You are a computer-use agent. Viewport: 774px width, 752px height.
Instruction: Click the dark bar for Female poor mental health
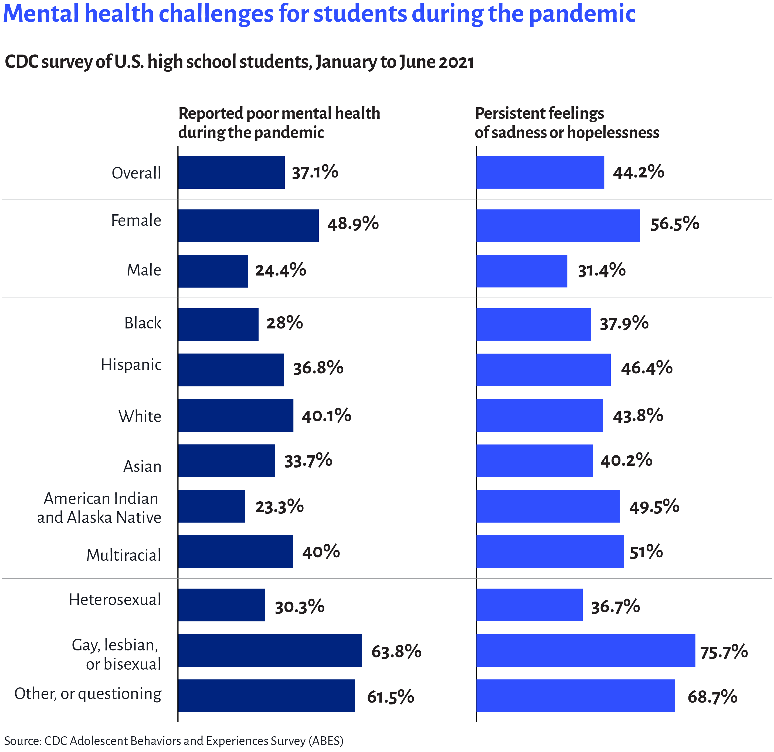(x=248, y=226)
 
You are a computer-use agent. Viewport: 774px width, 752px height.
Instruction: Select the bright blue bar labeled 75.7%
(x=585, y=650)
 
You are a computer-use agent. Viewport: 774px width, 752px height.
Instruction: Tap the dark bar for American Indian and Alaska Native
(x=211, y=506)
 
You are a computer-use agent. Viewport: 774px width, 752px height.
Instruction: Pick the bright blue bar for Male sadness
(x=522, y=271)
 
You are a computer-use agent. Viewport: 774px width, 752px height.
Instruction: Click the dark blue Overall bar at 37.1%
(x=231, y=172)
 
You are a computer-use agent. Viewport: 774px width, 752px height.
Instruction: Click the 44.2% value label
(x=638, y=172)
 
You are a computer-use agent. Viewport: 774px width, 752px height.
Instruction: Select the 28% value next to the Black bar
(x=284, y=323)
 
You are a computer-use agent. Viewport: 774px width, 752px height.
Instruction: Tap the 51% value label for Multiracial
(x=646, y=552)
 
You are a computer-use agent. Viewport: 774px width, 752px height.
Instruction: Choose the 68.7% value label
(x=712, y=696)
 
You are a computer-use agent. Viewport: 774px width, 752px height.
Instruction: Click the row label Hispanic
(x=131, y=365)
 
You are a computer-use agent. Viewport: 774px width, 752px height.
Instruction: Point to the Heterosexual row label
(x=115, y=599)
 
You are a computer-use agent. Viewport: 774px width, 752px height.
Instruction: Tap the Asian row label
(x=142, y=466)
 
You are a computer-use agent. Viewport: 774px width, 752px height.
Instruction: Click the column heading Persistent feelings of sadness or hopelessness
(x=567, y=123)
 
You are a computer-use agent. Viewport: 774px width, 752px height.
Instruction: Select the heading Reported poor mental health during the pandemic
(x=279, y=123)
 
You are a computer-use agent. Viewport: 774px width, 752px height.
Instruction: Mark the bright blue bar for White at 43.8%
(x=539, y=415)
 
